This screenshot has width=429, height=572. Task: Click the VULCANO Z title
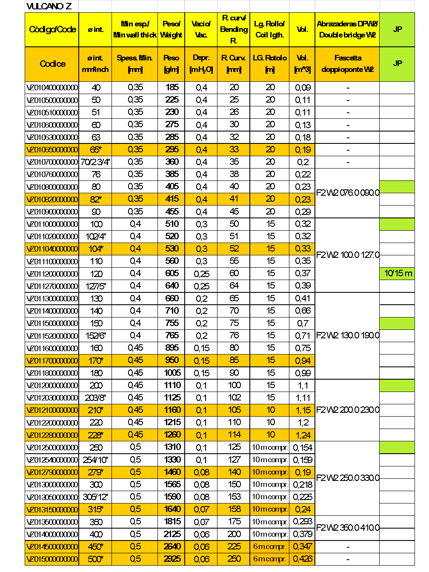[x=49, y=6]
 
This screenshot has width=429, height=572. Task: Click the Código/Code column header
[x=52, y=29]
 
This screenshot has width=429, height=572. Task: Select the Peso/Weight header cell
[x=171, y=29]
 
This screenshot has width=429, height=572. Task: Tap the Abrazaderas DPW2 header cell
[x=347, y=29]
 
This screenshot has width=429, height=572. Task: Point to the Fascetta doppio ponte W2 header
[x=347, y=63]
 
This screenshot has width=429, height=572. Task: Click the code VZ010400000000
[x=52, y=88]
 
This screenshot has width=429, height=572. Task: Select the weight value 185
[x=172, y=88]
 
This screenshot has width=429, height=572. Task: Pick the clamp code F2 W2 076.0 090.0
[x=347, y=193]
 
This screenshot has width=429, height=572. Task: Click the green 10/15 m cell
[x=398, y=273]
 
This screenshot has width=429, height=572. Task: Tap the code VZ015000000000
[x=52, y=559]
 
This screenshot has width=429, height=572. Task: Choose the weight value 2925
[x=172, y=559]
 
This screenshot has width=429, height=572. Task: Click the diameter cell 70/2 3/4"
[x=95, y=162]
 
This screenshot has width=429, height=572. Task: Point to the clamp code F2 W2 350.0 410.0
[x=347, y=528]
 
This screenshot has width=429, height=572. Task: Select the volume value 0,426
[x=303, y=559]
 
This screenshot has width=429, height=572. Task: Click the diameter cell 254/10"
[x=95, y=460]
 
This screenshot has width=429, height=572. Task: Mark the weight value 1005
[x=172, y=373]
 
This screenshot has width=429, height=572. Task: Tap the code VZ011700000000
[x=52, y=361]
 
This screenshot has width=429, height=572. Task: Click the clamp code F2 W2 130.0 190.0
[x=347, y=335]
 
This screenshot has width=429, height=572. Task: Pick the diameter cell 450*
[x=95, y=547]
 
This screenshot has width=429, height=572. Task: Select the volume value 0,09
[x=303, y=88]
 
